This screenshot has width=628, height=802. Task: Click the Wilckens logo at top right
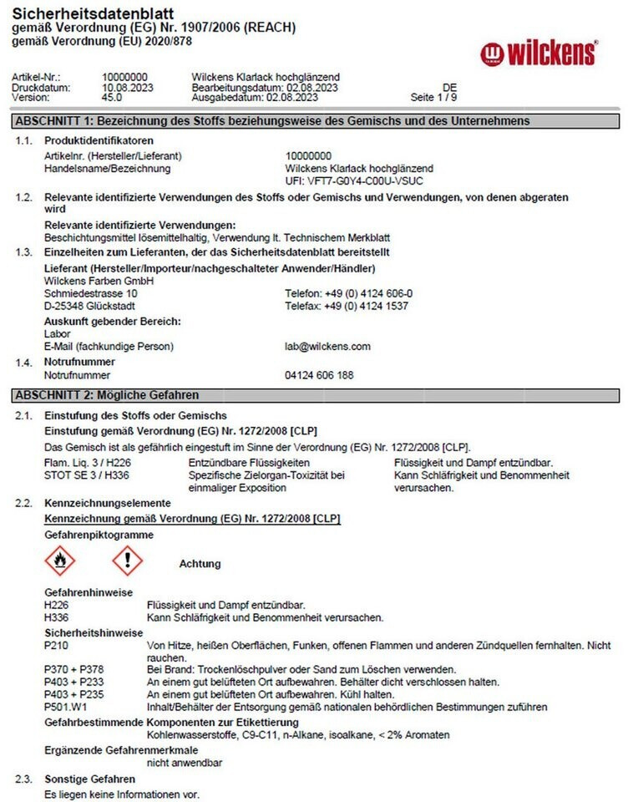point(539,53)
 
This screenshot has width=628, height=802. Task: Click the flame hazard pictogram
point(59,561)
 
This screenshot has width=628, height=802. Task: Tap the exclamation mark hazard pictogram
point(128,561)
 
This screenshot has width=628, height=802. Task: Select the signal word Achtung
point(200,564)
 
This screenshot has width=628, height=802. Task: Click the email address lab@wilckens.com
point(327,347)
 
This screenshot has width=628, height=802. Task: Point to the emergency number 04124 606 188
point(319,376)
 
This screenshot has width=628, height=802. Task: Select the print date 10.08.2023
point(124,88)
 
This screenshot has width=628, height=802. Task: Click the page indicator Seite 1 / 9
point(433,97)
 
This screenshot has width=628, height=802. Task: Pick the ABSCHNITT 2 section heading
point(108,395)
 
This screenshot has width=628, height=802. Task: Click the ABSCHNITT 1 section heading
point(272,121)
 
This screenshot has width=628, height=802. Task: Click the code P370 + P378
point(71,670)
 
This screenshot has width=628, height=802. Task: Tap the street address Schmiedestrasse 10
point(91,294)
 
